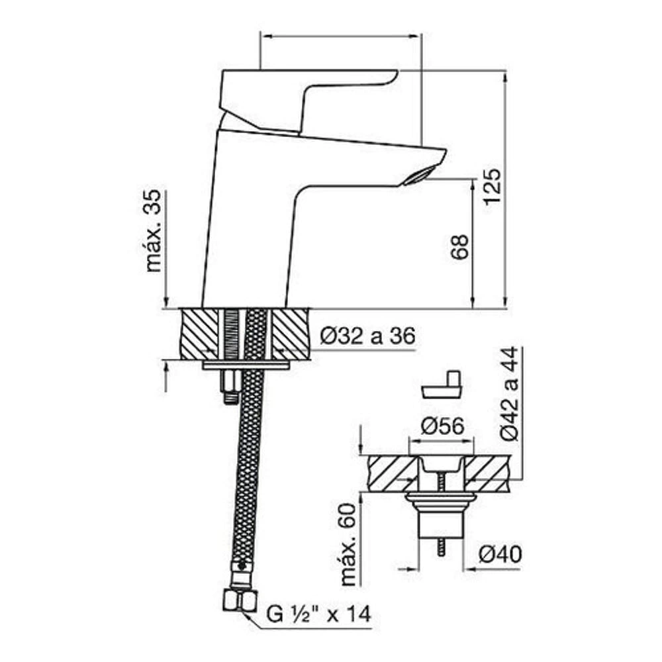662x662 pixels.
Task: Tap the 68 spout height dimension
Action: tap(459, 246)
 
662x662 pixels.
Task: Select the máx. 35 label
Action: tap(154, 231)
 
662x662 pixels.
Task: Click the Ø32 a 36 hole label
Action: tap(367, 336)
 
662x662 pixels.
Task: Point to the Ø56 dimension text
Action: tap(442, 426)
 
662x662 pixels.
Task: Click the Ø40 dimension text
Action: tap(500, 554)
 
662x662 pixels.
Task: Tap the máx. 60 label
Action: tap(349, 545)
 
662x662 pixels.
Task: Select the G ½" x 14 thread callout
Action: tap(319, 614)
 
